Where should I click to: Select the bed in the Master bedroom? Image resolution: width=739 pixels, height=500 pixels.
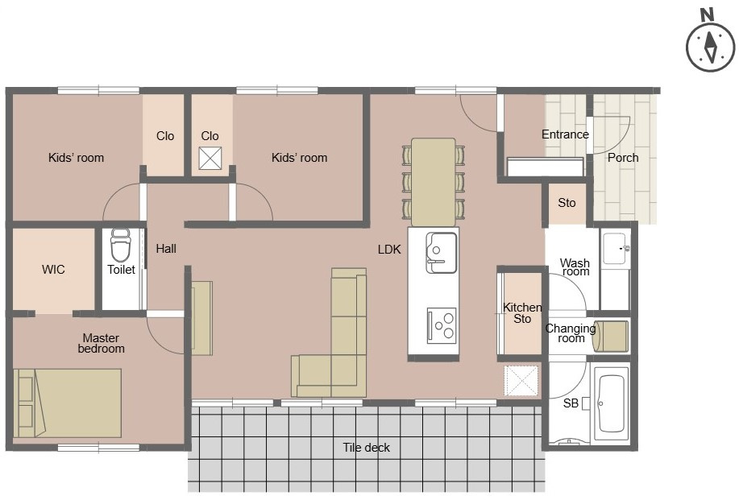click(x=68, y=403)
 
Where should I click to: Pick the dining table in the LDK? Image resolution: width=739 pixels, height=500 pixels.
click(x=433, y=182)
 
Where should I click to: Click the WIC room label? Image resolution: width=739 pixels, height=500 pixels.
click(x=53, y=270)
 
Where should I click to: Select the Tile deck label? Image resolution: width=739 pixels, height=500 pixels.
click(x=366, y=448)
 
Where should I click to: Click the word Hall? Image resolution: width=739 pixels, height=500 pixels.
click(x=166, y=249)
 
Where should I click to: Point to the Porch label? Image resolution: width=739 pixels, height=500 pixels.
click(x=622, y=158)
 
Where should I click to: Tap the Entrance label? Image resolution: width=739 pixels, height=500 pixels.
click(x=565, y=134)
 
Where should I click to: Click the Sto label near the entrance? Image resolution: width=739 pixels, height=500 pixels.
click(x=567, y=203)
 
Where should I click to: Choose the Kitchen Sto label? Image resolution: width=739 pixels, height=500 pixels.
click(x=522, y=313)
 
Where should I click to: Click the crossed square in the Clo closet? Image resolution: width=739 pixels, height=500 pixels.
click(x=210, y=159)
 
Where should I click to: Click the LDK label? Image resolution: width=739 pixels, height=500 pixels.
click(x=389, y=250)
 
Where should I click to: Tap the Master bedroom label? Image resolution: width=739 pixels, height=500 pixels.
click(x=101, y=344)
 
